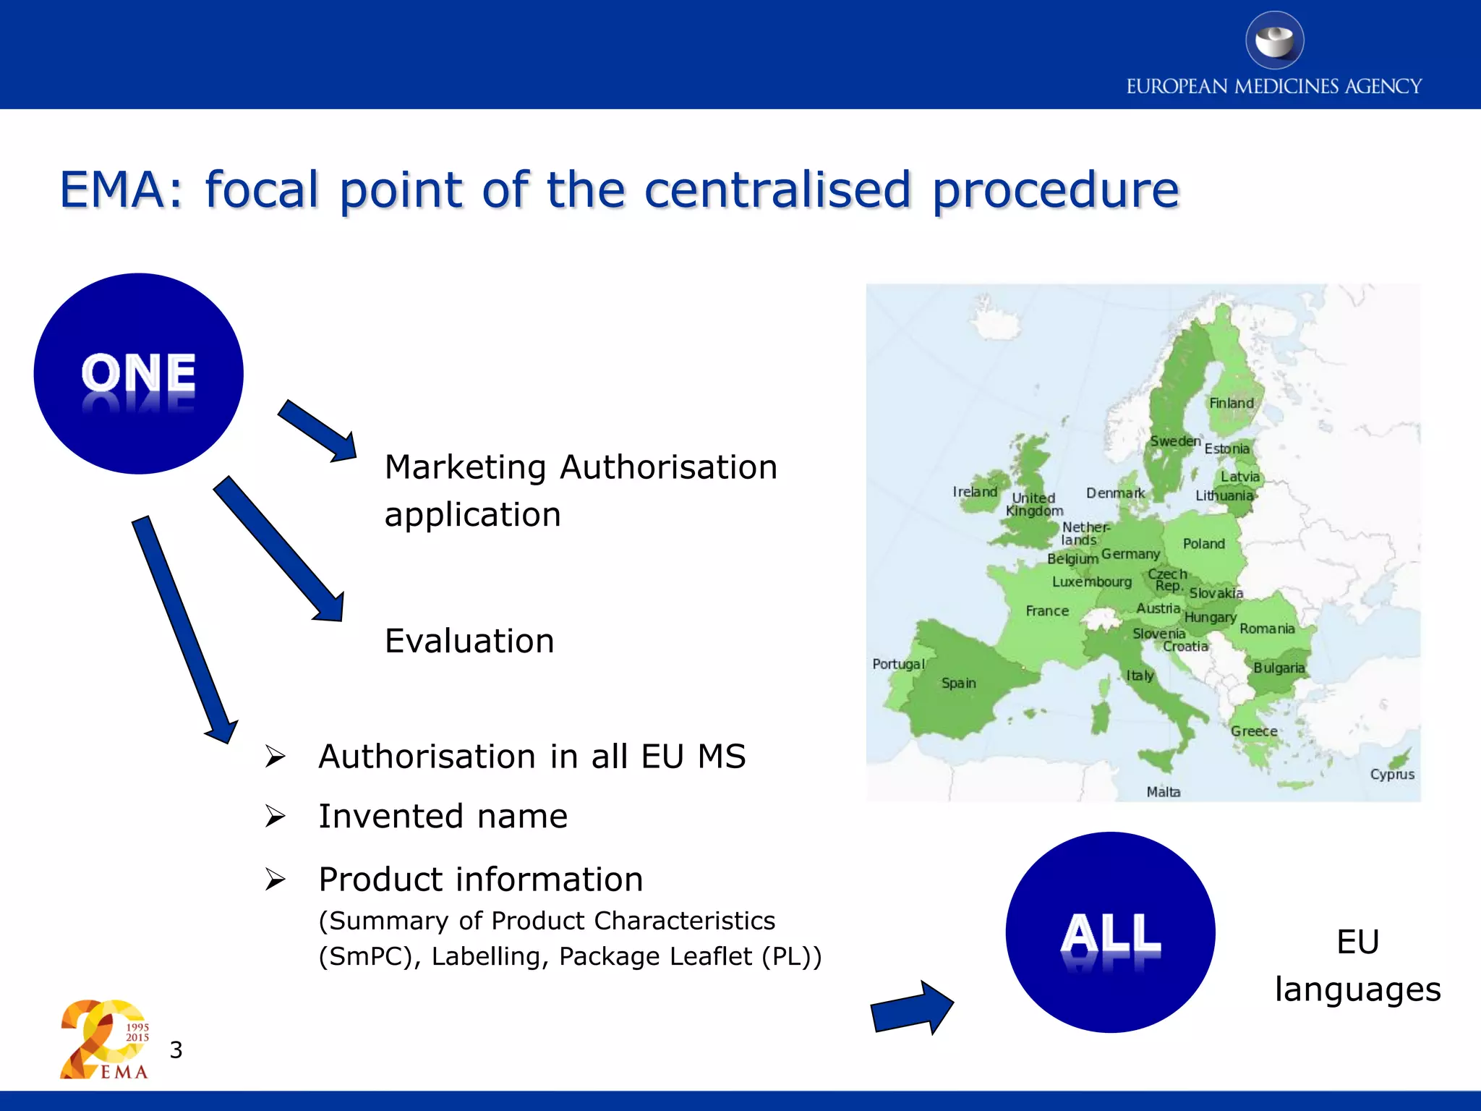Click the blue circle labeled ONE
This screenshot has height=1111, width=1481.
[138, 373]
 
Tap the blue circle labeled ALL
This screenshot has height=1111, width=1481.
[1110, 932]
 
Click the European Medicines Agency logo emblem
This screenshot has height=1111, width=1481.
[1274, 41]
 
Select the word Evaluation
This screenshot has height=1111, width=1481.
[469, 641]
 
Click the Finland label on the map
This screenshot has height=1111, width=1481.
[1232, 403]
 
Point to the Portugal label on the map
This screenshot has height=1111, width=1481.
[898, 664]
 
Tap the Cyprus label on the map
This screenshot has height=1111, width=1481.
[1392, 774]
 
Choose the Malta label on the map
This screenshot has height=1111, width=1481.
[1164, 792]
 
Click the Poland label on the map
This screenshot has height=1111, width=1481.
[1203, 543]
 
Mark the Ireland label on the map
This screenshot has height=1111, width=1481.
[975, 492]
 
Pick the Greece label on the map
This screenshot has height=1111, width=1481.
[1254, 731]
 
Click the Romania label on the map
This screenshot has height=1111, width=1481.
[1267, 629]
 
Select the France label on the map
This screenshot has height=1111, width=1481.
[1047, 611]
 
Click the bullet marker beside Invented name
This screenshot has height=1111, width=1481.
[275, 817]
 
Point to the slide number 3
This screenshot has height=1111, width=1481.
[176, 1050]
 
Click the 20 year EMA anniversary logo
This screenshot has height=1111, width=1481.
[105, 1039]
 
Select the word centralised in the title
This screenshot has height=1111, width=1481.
[777, 190]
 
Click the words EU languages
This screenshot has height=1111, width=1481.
[1357, 966]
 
